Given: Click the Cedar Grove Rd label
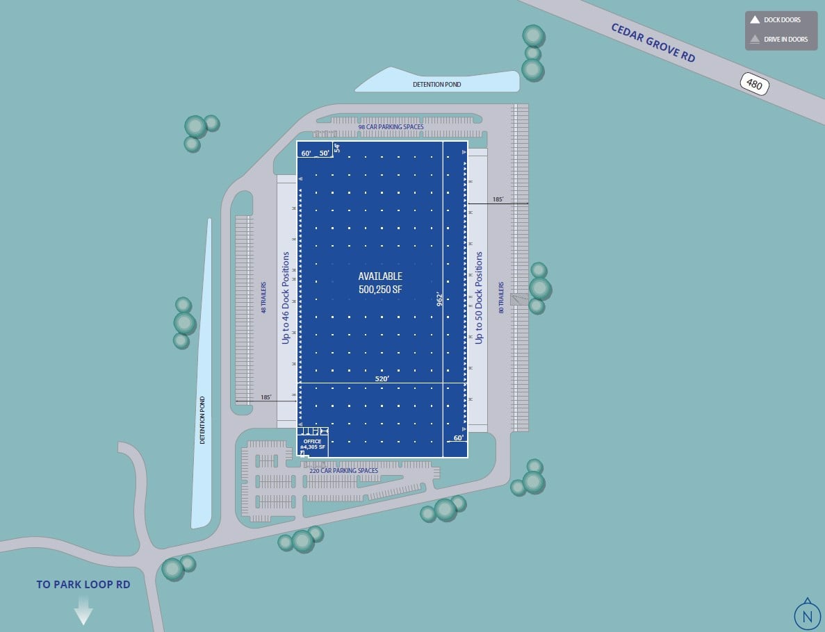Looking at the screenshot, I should (653, 42).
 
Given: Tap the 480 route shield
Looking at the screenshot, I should (754, 83).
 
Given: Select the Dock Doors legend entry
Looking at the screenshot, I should (776, 20).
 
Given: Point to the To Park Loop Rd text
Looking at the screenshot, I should (83, 584).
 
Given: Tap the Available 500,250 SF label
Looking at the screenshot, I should (379, 283).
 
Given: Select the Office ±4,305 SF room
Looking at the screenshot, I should (313, 444).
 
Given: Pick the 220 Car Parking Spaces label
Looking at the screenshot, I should (343, 470).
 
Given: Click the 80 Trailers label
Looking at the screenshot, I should (500, 297).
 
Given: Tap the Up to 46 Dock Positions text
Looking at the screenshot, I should (286, 298).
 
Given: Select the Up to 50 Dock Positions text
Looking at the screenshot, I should (478, 298).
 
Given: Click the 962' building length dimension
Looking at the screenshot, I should (439, 299).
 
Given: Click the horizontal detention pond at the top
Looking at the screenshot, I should (436, 83).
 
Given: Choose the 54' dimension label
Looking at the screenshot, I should (337, 147).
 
